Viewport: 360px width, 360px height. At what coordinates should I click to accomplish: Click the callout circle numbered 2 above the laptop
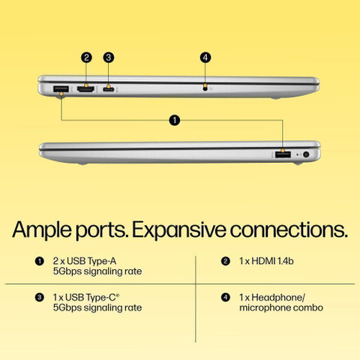(x=86, y=58)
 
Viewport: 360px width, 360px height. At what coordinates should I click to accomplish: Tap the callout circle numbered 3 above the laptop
(x=108, y=58)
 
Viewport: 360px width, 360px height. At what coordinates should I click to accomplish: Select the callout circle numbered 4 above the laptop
(x=205, y=58)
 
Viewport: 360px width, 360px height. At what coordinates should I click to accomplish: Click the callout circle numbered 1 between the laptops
(x=175, y=120)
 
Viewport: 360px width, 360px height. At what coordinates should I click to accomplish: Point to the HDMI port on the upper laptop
(x=86, y=89)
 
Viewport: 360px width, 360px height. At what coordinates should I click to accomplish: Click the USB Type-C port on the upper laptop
(x=109, y=88)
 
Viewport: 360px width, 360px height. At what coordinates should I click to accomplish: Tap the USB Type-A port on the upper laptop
(x=61, y=89)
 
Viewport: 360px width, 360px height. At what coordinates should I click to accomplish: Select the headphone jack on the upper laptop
(x=205, y=88)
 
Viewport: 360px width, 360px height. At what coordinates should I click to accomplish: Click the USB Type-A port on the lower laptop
(x=283, y=154)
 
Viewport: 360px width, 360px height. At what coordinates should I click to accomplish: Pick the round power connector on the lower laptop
(x=306, y=154)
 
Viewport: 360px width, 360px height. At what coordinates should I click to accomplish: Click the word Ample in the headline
(x=42, y=230)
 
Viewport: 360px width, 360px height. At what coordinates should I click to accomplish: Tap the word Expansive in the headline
(x=179, y=230)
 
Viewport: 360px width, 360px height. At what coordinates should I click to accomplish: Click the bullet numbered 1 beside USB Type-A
(x=40, y=261)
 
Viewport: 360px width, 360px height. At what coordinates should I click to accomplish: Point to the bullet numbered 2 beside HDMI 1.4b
(x=226, y=261)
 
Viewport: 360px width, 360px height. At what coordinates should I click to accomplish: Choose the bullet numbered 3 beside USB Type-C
(x=40, y=298)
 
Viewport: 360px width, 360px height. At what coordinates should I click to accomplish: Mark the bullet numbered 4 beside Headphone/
(x=226, y=298)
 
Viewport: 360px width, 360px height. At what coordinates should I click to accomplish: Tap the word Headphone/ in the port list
(x=278, y=298)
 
